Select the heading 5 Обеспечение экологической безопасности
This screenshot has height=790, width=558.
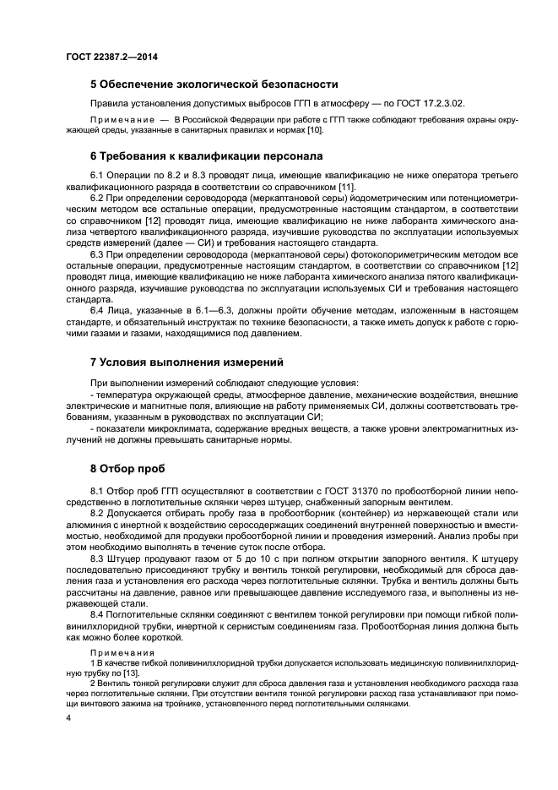214,84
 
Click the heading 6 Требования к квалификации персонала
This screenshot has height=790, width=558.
209,156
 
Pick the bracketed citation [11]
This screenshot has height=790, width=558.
345,186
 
